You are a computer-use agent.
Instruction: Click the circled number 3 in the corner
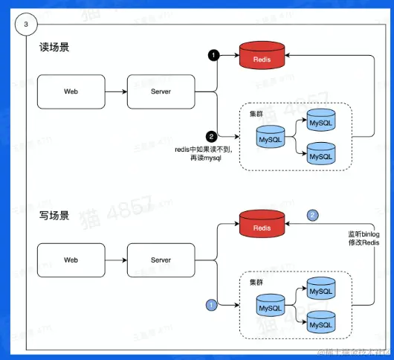27,25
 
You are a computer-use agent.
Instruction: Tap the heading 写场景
55,216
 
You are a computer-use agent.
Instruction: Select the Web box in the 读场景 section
71,91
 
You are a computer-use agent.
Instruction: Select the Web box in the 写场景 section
71,260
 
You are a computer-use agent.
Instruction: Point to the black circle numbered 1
213,56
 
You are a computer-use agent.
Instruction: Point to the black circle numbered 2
212,136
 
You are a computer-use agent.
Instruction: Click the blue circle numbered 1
212,304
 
